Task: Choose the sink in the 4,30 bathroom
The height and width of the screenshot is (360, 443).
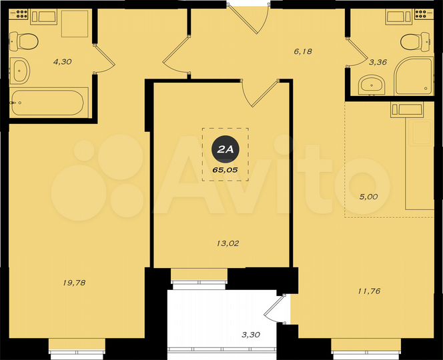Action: pyautogui.click(x=21, y=69)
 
